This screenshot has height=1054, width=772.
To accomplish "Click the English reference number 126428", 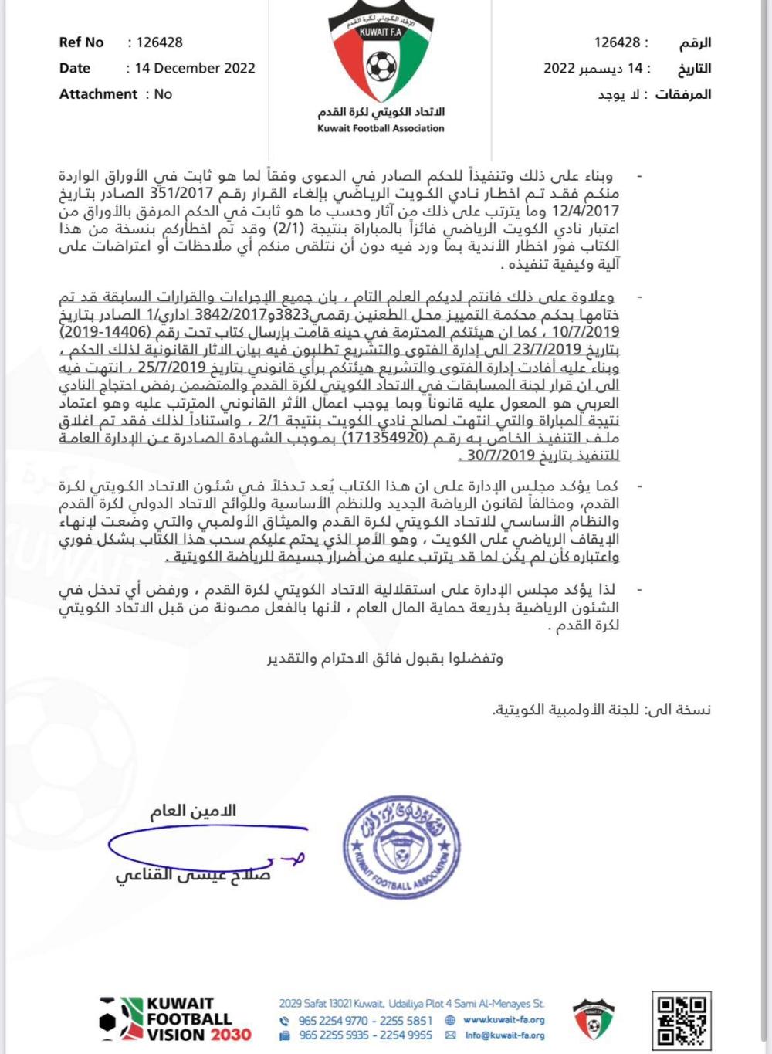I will (160, 42).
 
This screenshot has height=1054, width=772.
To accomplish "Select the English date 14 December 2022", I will (195, 68).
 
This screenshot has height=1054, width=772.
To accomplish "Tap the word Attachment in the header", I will (98, 94).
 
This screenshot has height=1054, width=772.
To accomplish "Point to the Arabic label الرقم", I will (695, 42).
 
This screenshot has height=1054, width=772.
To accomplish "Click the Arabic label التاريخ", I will (694, 69).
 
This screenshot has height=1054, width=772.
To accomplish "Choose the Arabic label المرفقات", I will (683, 94).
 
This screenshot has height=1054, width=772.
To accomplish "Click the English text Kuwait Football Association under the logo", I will (381, 129).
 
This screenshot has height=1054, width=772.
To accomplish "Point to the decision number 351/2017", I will (181, 193).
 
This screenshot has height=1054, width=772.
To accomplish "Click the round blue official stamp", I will (402, 847).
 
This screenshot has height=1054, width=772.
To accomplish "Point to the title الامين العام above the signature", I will (193, 811).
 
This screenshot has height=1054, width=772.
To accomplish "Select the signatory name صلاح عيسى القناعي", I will (193, 876).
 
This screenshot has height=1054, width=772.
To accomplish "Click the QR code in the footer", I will (682, 1019).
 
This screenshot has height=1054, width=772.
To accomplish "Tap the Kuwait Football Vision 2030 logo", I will (176, 1019).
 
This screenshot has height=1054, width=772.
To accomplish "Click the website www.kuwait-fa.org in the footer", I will (503, 1020).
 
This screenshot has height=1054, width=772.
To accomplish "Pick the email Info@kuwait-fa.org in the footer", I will (504, 1035).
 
